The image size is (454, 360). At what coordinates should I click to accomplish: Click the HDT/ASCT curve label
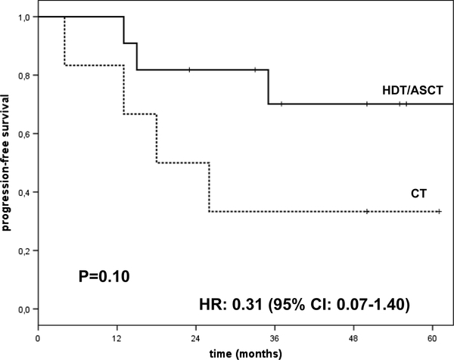click(412, 90)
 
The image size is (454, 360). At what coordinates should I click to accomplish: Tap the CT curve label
click(418, 194)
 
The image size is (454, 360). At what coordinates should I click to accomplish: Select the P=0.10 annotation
click(104, 276)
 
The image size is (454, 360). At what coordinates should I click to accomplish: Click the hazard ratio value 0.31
click(247, 305)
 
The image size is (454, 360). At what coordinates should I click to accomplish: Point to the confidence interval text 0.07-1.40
click(369, 305)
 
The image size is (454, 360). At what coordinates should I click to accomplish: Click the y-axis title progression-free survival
click(5, 163)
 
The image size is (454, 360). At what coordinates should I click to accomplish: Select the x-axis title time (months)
click(245, 354)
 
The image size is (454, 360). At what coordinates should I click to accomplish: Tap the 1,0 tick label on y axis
click(24, 17)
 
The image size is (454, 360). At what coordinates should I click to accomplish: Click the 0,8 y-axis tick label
click(24, 76)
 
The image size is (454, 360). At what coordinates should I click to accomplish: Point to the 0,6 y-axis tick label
click(24, 135)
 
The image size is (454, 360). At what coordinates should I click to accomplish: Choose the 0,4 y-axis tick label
click(24, 193)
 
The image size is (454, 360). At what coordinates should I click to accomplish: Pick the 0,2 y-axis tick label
click(24, 251)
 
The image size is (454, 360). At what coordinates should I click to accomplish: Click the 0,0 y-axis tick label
click(24, 309)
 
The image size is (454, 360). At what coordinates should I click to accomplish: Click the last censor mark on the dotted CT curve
click(439, 212)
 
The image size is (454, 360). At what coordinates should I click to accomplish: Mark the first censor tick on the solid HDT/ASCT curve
click(189, 70)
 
